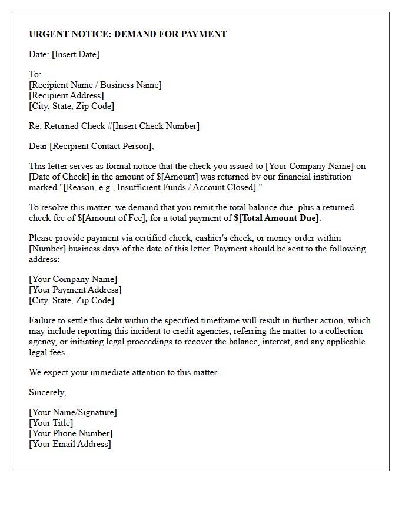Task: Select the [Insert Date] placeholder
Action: (75, 54)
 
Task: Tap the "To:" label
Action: (35, 74)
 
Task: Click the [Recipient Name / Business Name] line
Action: (95, 85)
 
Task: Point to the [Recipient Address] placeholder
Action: (67, 95)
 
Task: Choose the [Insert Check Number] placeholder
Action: (149, 126)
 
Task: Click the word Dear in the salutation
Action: (38, 146)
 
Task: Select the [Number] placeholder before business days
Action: (48, 249)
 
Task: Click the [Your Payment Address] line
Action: (75, 290)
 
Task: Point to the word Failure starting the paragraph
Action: (44, 320)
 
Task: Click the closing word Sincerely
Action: (48, 392)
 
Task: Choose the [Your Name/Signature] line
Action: (73, 412)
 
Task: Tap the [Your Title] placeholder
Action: (51, 423)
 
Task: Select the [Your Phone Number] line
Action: (71, 433)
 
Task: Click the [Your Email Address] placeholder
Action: (70, 444)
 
